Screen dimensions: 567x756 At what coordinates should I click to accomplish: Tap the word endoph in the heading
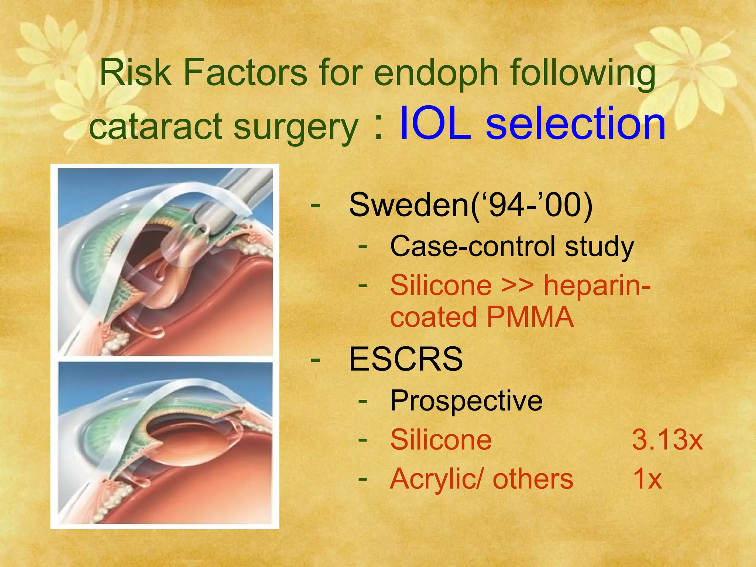click(436, 73)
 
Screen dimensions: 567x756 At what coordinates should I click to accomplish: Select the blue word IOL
click(436, 124)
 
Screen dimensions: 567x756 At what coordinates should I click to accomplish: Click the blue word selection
click(576, 124)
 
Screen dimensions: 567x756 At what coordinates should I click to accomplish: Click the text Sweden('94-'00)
click(471, 205)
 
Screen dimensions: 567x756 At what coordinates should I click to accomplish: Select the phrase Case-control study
click(512, 247)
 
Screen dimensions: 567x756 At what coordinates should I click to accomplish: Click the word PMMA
click(530, 317)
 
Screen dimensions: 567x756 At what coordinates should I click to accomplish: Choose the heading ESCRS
click(406, 359)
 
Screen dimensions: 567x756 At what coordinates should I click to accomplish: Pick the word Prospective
click(466, 401)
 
